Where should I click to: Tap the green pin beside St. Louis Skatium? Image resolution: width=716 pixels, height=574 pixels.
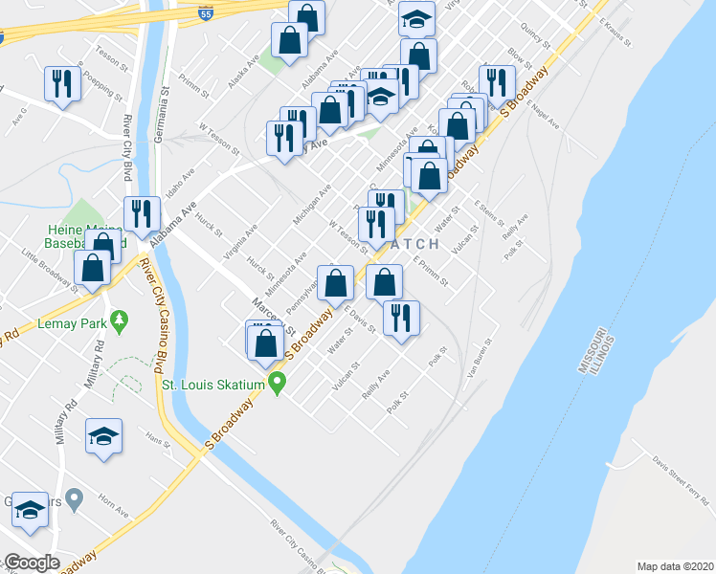click(x=279, y=385)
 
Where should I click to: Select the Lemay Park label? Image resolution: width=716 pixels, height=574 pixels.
click(x=73, y=323)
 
